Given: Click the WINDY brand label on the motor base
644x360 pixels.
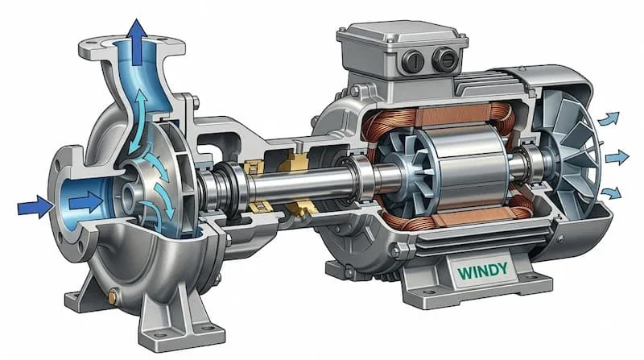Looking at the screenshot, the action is pyautogui.click(x=482, y=271).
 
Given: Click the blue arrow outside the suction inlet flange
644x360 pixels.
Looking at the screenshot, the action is pyautogui.click(x=35, y=207).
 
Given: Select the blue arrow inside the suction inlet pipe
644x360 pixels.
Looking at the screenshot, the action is pyautogui.click(x=86, y=202).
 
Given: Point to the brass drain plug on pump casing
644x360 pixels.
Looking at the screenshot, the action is pyautogui.click(x=112, y=297).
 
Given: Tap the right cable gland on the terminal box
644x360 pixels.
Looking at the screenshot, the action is pyautogui.click(x=445, y=58).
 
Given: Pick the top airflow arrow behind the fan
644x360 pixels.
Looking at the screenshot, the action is pyautogui.click(x=609, y=118).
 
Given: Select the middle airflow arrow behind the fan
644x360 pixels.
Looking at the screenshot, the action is pyautogui.click(x=617, y=157).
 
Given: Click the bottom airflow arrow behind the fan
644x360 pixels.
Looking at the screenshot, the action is pyautogui.click(x=610, y=192).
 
